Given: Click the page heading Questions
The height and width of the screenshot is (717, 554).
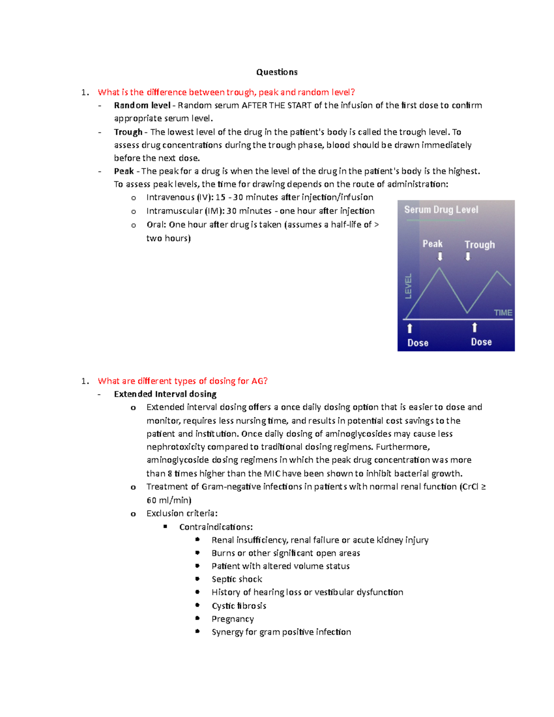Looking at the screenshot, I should click(x=277, y=72).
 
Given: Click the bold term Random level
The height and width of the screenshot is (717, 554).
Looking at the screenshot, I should click(x=142, y=105).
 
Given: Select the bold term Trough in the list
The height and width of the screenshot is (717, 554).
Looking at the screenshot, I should click(x=128, y=132).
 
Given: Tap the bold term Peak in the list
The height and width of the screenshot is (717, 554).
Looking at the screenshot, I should click(x=124, y=171).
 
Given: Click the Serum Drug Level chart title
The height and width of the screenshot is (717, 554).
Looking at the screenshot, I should click(x=441, y=210).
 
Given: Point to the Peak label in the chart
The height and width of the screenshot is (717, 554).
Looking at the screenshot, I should click(x=432, y=244).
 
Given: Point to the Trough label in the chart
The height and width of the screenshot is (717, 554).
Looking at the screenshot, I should click(x=479, y=245).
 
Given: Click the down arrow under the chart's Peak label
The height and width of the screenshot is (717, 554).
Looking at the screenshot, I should click(x=440, y=256).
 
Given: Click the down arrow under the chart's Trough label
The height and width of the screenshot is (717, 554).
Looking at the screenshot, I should click(x=468, y=257).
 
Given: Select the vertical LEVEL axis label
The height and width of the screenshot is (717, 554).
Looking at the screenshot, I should click(x=408, y=286).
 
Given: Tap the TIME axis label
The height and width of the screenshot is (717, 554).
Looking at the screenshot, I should click(x=503, y=313).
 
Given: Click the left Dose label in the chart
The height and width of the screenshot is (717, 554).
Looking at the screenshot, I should click(x=417, y=343).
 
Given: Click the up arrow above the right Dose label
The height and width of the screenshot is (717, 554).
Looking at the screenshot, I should click(x=474, y=328).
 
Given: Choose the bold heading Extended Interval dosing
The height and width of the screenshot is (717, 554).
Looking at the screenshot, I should click(x=165, y=394).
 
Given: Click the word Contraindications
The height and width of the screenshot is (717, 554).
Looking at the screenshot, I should click(x=216, y=527).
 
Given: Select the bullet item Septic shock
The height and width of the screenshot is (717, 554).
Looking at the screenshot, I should click(x=236, y=579).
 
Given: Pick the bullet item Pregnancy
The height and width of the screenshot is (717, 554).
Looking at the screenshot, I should click(x=233, y=619).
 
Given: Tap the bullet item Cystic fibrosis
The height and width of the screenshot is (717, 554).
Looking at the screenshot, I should click(x=239, y=606).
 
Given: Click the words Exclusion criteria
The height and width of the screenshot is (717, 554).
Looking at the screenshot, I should click(x=181, y=513).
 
